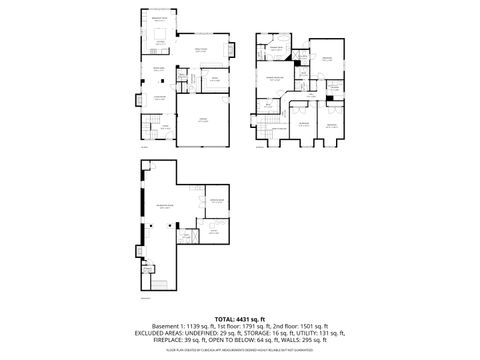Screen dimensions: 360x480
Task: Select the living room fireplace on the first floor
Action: tap(138, 98)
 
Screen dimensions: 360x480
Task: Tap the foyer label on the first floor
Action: tap(166, 126)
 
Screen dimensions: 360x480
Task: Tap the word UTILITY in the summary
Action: tap(305, 333)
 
